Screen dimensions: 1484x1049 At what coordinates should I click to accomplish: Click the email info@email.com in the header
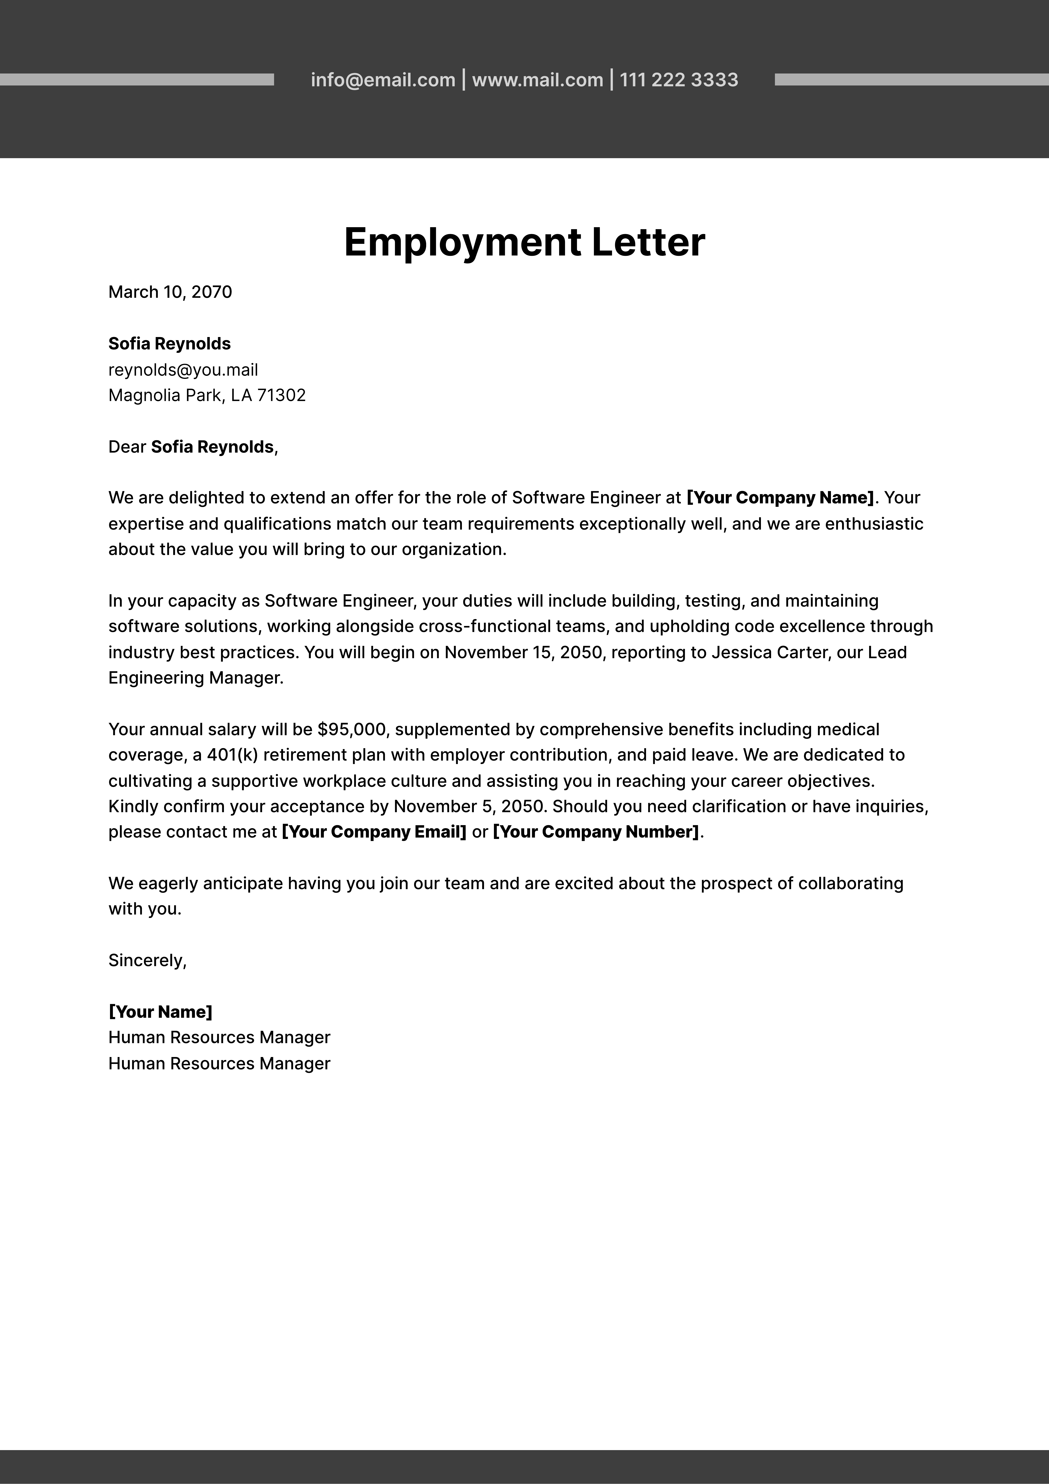click(x=383, y=80)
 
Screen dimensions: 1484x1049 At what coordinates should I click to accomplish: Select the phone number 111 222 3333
click(x=679, y=80)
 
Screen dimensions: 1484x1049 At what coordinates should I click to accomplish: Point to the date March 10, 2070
click(x=170, y=292)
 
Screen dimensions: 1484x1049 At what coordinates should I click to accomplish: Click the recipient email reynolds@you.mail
click(x=183, y=370)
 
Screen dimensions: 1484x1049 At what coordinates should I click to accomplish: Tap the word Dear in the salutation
click(x=127, y=447)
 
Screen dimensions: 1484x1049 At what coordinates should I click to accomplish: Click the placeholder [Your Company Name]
click(x=779, y=498)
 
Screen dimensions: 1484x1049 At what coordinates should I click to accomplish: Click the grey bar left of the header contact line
click(x=137, y=80)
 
